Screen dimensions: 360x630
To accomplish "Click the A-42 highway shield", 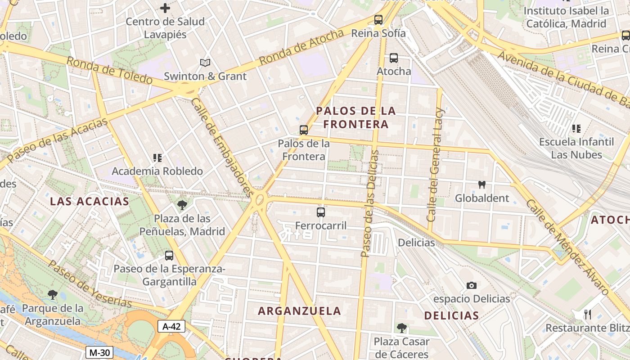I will [x=171, y=326].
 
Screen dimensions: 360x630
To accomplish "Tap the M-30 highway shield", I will [x=99, y=352].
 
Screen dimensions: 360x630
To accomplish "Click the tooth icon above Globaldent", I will [x=481, y=184].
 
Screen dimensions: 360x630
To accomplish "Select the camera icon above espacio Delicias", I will [x=472, y=285].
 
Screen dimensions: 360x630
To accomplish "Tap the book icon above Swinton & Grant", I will [x=205, y=63].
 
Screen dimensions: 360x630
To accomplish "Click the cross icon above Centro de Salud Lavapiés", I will [x=165, y=8].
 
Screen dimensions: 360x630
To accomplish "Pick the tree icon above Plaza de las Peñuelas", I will [x=182, y=205].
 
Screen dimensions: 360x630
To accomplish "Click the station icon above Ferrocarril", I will [x=321, y=212].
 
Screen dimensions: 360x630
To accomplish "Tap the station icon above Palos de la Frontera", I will [x=304, y=130].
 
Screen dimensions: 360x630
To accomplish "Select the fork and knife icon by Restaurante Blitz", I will [x=587, y=314].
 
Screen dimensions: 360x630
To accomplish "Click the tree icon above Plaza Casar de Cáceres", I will [x=401, y=328].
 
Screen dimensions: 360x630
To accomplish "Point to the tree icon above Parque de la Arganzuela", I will [x=53, y=295].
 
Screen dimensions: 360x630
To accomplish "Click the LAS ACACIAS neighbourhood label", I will [x=90, y=201].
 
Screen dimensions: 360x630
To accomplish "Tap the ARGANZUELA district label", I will [x=299, y=311].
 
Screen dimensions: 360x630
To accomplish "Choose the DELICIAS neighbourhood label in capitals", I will [x=451, y=315].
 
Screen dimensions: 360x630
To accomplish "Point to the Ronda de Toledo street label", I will [x=110, y=70].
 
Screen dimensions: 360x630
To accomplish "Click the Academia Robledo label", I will [x=157, y=171].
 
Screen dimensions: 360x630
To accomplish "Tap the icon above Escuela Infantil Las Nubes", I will [x=576, y=129].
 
